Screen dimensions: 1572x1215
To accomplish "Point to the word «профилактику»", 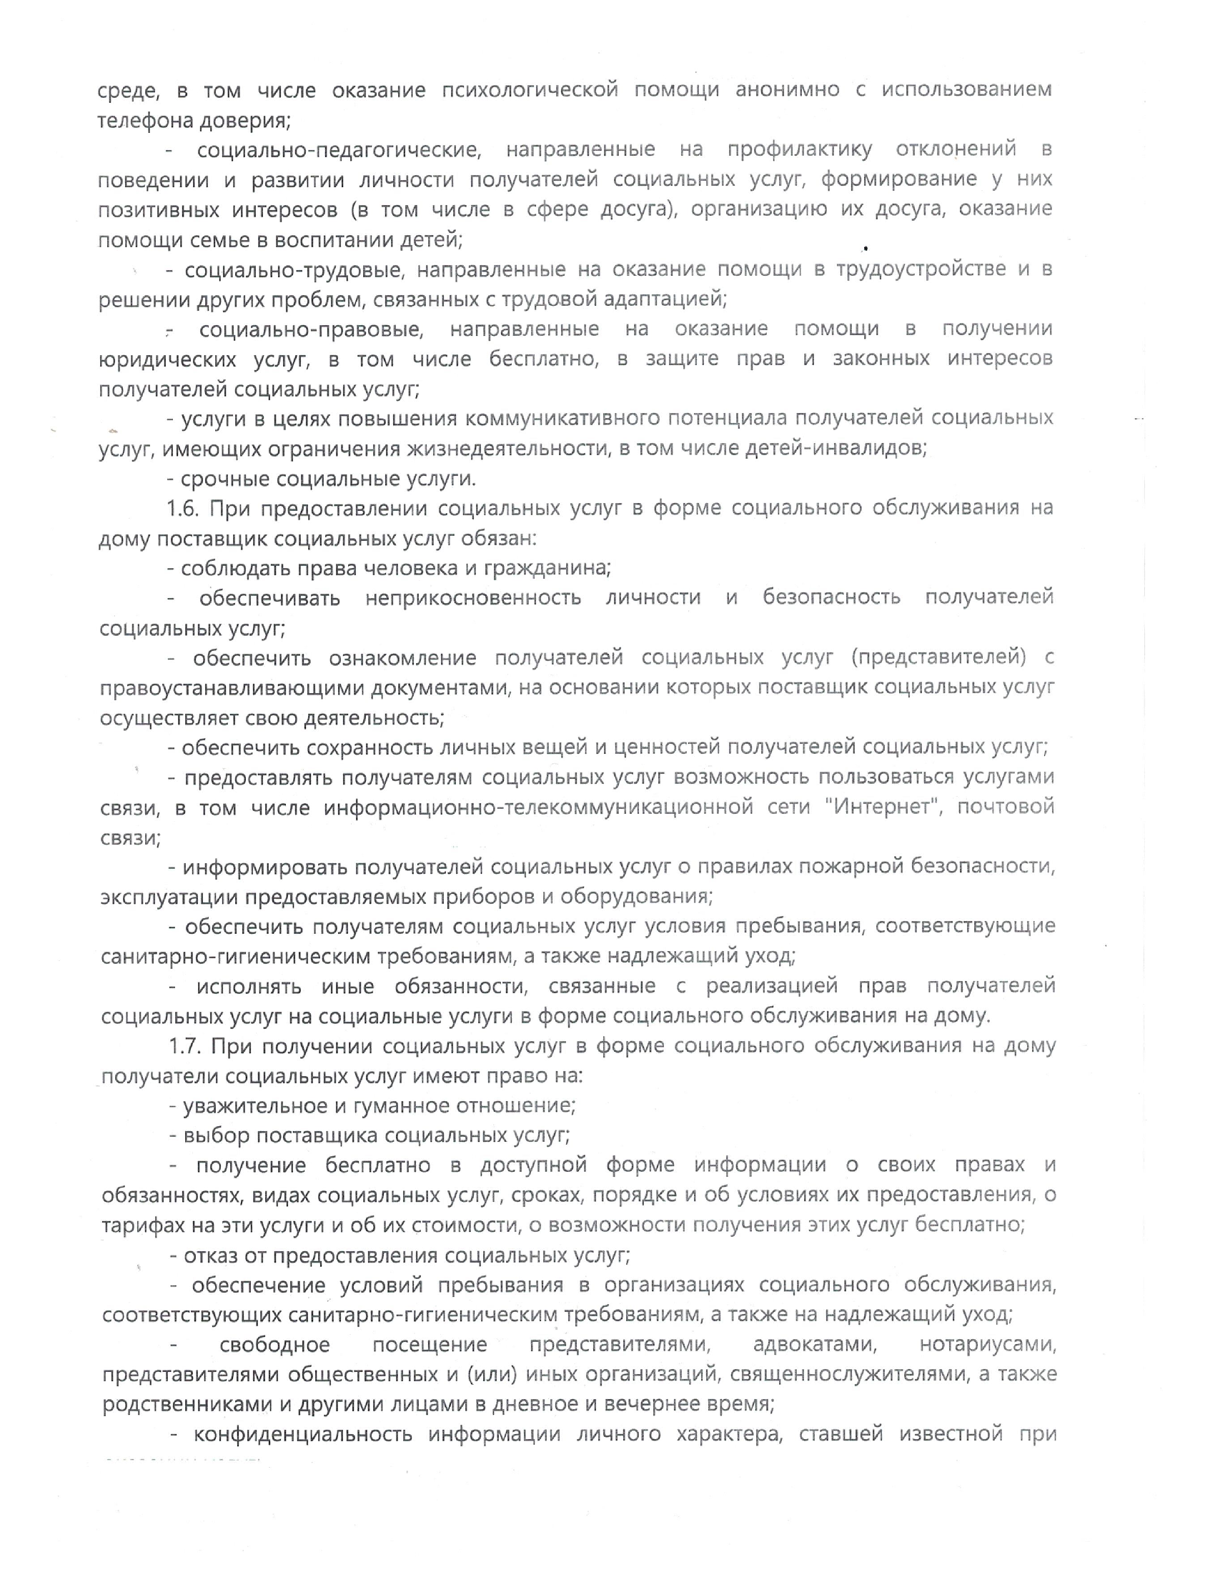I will pyautogui.click(x=800, y=150).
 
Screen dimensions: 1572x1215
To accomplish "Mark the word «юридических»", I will pyautogui.click(x=168, y=359).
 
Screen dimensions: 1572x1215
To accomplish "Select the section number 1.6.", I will pyautogui.click(x=183, y=508).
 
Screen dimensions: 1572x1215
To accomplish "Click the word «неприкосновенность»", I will pyautogui.click(x=473, y=597).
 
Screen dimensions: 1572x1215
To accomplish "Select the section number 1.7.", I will pyautogui.click(x=184, y=1046).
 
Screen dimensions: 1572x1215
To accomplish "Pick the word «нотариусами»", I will pyautogui.click(x=988, y=1345).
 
